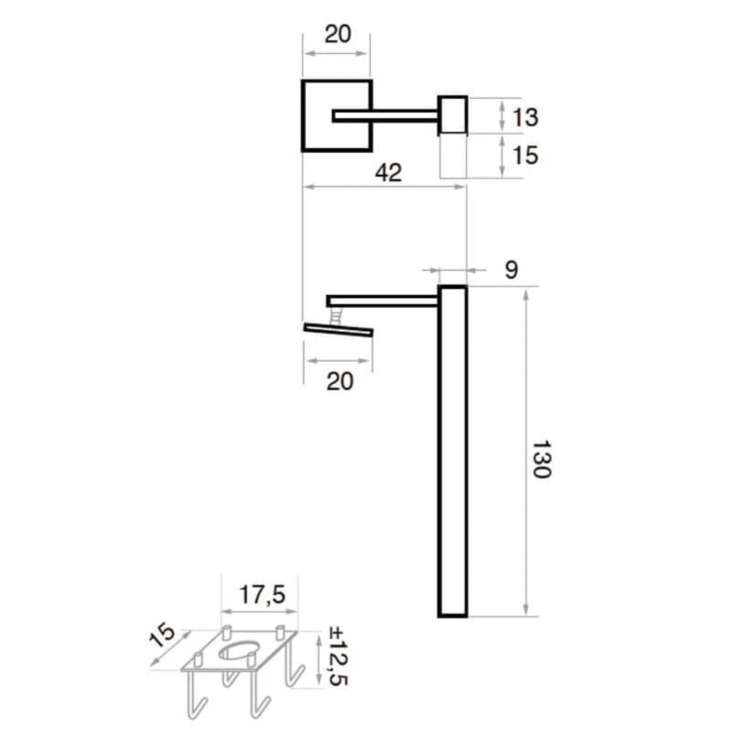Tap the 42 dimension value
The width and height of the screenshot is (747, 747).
tap(389, 172)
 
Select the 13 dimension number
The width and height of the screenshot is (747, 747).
tap(524, 117)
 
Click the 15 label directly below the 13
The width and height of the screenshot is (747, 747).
tap(524, 154)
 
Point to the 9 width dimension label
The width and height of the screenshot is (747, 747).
tap(510, 270)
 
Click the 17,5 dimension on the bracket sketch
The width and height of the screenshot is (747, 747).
tap(262, 595)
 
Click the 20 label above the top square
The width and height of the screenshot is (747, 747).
tap(337, 34)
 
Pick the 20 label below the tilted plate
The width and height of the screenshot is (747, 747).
tap(340, 380)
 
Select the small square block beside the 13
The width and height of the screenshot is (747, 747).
tap(453, 115)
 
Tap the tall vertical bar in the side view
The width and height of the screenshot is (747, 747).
tap(453, 451)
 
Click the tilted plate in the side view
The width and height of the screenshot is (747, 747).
tap(339, 330)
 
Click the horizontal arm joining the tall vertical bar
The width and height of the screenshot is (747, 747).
tap(383, 301)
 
